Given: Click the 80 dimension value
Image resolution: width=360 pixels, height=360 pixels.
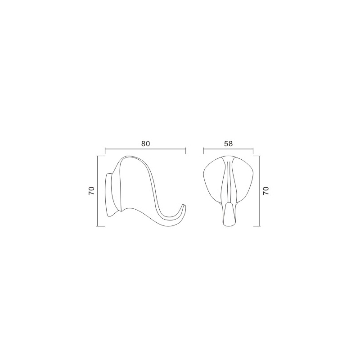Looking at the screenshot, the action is pyautogui.click(x=145, y=144).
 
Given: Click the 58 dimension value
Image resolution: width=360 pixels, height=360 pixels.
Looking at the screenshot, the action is pyautogui.click(x=228, y=144).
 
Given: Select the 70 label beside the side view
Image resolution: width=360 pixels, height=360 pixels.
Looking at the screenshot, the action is pyautogui.click(x=91, y=191).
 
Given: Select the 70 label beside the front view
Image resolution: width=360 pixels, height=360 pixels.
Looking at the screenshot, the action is pyautogui.click(x=265, y=191).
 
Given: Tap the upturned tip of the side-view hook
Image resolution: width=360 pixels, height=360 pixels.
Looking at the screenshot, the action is pyautogui.click(x=184, y=205).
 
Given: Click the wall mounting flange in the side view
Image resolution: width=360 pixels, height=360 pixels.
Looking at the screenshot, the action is pyautogui.click(x=109, y=195).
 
